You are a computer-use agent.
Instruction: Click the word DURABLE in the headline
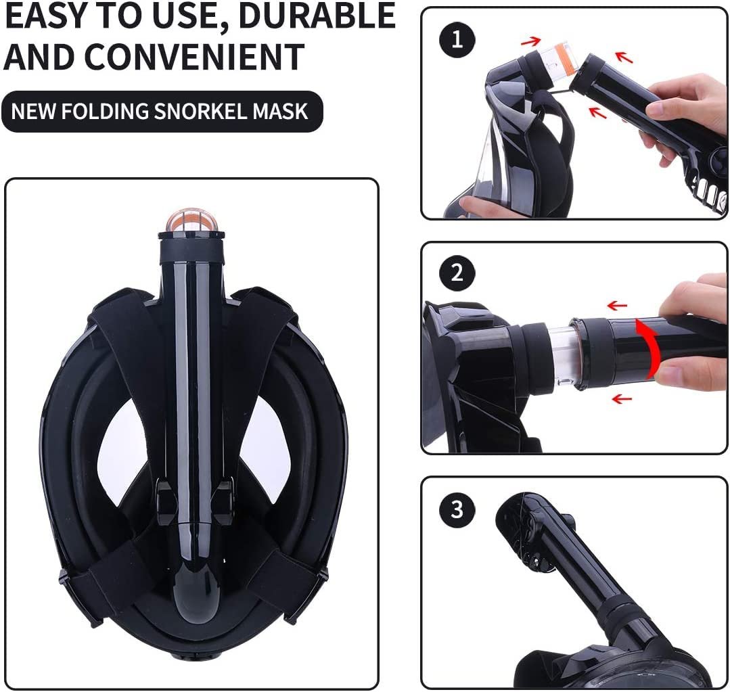click(319, 16)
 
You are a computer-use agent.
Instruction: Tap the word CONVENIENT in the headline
click(194, 56)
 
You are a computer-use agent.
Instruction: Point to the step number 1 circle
click(457, 39)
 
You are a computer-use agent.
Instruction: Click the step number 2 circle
click(457, 273)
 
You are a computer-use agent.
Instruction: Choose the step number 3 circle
click(457, 509)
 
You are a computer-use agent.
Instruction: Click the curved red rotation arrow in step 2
click(650, 347)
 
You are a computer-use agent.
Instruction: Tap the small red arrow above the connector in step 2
click(617, 306)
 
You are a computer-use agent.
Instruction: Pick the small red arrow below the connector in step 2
click(622, 398)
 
